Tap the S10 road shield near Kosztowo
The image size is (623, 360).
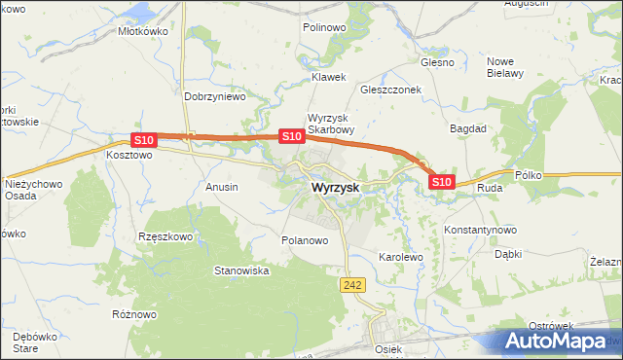pyautogui.click(x=143, y=140)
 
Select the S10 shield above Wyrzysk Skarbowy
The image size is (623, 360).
pyautogui.click(x=290, y=136)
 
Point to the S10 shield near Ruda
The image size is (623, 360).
pyautogui.click(x=441, y=181)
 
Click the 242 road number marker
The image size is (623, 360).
pyautogui.click(x=352, y=282)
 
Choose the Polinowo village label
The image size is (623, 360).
pyautogui.click(x=324, y=28)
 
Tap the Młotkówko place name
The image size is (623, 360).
pyautogui.click(x=143, y=31)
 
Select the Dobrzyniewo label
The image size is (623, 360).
pyautogui.click(x=214, y=97)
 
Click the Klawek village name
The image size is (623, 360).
pyautogui.click(x=328, y=76)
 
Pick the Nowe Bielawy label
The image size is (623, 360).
pyautogui.click(x=505, y=66)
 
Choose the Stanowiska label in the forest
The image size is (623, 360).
pyautogui.click(x=241, y=270)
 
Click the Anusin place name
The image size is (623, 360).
pyautogui.click(x=222, y=186)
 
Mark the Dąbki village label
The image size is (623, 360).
pyautogui.click(x=508, y=254)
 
